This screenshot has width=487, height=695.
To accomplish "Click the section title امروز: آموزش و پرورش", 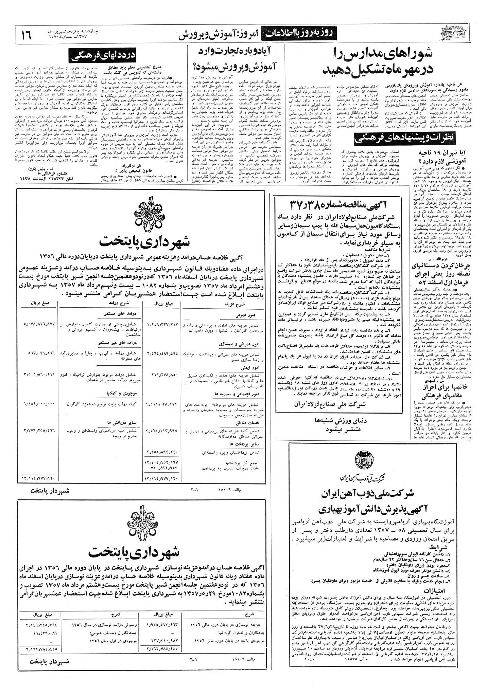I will click(x=219, y=34).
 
